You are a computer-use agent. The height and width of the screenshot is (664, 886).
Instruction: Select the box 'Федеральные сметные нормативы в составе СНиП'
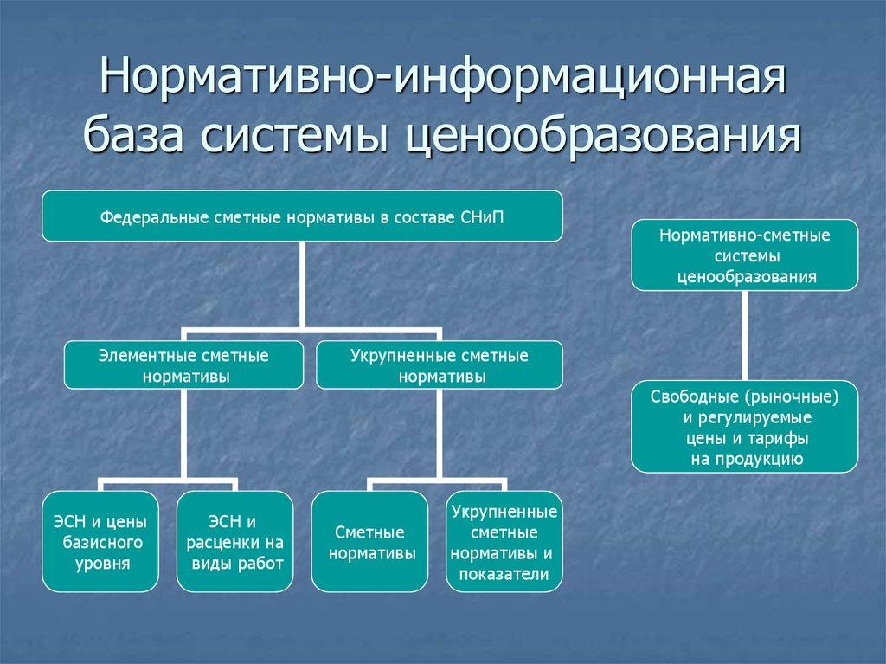coord(302,216)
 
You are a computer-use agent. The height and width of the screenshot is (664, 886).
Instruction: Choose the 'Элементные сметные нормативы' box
coord(183,364)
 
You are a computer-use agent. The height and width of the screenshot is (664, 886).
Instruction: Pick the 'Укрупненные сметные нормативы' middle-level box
coord(439,364)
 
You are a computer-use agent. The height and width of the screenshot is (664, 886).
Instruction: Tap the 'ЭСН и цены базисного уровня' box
coord(100,541)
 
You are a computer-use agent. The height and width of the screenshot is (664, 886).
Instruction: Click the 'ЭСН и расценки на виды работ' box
coord(234,541)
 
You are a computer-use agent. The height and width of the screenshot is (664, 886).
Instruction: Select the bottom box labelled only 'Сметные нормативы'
coord(370,541)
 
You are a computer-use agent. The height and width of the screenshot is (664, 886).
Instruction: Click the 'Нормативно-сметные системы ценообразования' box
coord(744,255)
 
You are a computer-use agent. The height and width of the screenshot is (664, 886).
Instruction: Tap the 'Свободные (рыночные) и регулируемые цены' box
coord(744,427)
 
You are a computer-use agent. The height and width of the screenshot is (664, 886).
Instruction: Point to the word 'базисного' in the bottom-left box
coord(101,542)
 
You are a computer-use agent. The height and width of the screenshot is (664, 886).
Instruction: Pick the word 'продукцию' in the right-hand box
coord(765,458)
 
